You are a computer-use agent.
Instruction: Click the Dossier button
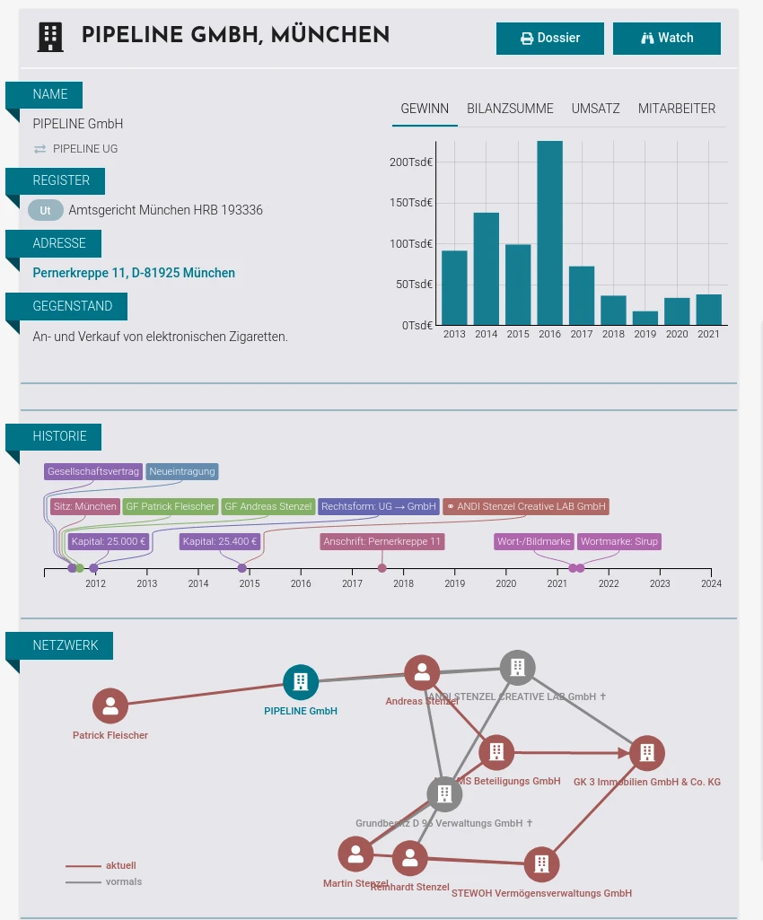tap(549, 39)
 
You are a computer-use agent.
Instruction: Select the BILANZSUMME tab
tap(510, 109)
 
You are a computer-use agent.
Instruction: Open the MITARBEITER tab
tap(676, 109)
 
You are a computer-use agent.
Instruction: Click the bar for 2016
tap(549, 233)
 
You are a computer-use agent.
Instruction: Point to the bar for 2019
tap(645, 318)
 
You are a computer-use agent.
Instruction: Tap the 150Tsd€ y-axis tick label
tap(411, 203)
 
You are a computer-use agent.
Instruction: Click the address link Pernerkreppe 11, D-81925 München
tap(134, 273)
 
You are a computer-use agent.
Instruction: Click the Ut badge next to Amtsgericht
tap(45, 211)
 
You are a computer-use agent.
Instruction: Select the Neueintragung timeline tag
tap(182, 471)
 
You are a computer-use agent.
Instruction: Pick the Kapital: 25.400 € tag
tap(220, 541)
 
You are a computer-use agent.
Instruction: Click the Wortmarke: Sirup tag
tap(618, 541)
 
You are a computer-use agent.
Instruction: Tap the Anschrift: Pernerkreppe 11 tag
tap(381, 541)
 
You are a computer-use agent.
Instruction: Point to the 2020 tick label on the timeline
tap(506, 583)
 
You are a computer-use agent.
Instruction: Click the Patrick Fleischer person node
tap(110, 706)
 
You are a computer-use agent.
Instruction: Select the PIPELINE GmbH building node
tap(301, 682)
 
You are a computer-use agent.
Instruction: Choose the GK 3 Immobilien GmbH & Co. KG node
tap(646, 753)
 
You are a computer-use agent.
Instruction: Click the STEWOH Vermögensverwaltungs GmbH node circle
tap(541, 864)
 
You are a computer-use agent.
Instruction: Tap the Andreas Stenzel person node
tap(421, 672)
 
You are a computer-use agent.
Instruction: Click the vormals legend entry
tap(123, 881)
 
